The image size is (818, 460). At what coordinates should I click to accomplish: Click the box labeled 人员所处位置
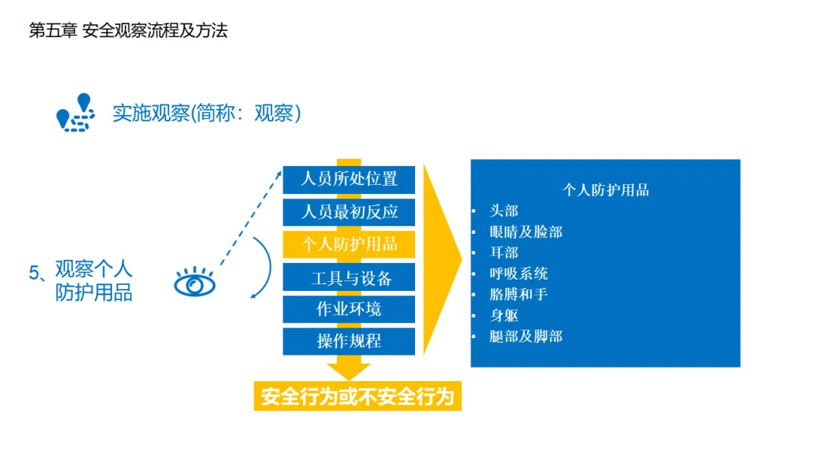[349, 180]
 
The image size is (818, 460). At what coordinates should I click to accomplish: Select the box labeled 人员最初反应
[349, 211]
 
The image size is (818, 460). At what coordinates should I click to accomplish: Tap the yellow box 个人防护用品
[349, 244]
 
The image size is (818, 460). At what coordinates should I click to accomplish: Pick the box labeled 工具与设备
[349, 277]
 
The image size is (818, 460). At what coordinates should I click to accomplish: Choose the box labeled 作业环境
[349, 309]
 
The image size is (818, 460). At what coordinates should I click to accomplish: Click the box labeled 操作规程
[349, 341]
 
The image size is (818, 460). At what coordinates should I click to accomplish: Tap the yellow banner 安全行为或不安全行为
[357, 397]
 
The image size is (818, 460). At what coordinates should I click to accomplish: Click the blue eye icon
[195, 284]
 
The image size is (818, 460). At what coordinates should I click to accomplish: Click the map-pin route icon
[76, 113]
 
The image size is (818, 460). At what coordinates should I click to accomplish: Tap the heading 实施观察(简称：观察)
[207, 114]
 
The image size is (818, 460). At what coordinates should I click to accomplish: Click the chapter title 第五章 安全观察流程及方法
[128, 31]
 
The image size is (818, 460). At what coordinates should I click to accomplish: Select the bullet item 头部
[504, 211]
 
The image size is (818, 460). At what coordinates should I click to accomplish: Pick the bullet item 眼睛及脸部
[526, 232]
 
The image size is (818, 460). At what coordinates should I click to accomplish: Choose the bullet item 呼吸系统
[518, 274]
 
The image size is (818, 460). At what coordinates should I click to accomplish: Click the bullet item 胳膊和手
[518, 294]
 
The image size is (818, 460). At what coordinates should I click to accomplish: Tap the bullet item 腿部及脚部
[526, 336]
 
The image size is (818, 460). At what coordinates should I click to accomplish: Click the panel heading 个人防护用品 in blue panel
[605, 190]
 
